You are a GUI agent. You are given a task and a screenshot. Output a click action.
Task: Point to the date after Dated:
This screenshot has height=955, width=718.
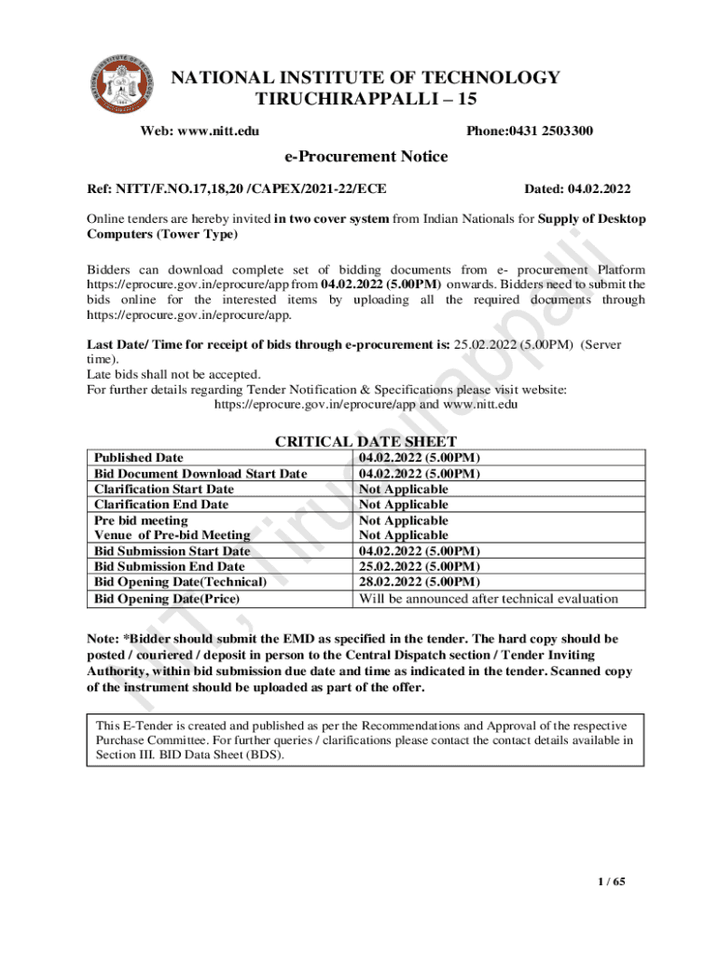(x=599, y=189)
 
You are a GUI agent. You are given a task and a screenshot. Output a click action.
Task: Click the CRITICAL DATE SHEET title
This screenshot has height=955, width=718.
(x=366, y=441)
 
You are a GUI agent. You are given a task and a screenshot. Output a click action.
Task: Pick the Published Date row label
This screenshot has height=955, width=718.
(x=139, y=458)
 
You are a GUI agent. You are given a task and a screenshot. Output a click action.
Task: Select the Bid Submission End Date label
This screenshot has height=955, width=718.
(x=170, y=566)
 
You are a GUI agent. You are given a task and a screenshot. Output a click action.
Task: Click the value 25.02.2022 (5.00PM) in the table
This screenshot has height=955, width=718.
(x=420, y=566)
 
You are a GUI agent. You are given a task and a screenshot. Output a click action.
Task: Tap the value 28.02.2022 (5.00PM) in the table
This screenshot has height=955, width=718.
(x=420, y=582)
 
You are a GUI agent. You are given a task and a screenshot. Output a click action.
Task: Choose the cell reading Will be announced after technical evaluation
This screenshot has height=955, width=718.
(x=489, y=598)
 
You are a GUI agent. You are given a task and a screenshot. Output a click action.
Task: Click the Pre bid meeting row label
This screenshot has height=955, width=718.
(x=141, y=520)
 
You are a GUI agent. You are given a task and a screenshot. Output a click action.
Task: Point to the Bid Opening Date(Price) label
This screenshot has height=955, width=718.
(x=167, y=598)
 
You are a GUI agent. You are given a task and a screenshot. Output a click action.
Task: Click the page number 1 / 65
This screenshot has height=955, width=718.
(x=611, y=881)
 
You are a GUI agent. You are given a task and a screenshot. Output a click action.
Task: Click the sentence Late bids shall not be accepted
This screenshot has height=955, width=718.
(x=173, y=375)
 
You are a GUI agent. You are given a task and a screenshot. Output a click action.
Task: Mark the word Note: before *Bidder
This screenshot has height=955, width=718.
(x=103, y=639)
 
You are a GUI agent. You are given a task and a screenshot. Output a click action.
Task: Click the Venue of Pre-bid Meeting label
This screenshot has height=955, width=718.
(x=173, y=535)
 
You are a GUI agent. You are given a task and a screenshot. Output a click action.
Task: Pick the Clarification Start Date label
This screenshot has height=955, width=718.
(x=164, y=489)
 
